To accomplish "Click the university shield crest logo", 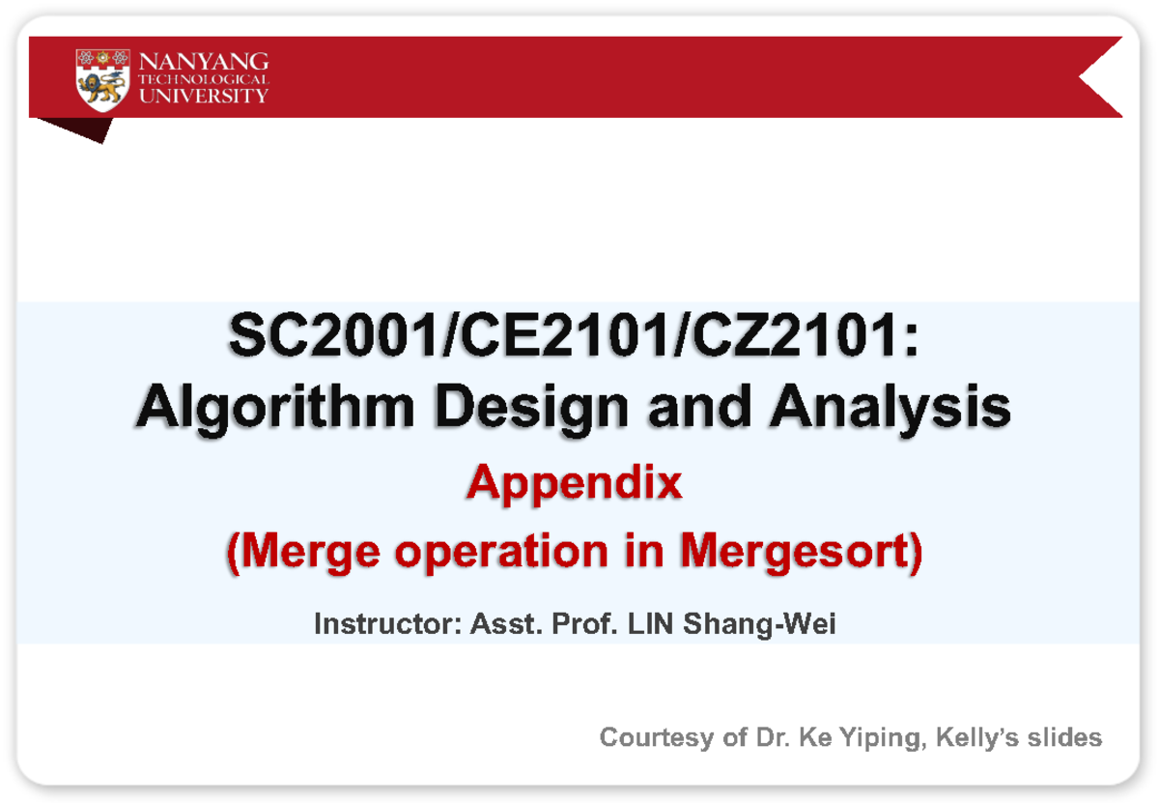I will click(102, 77).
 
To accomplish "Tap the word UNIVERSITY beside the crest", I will click(204, 96).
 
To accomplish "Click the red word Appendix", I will click(574, 483).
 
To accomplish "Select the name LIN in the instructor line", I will click(652, 625).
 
